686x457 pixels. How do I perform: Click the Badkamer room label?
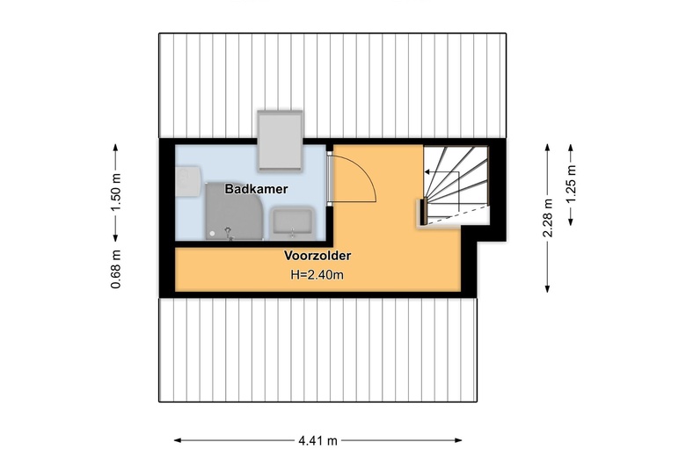(x=256, y=189)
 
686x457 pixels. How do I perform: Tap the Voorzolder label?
(x=317, y=256)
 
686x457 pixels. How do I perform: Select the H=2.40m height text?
(x=317, y=274)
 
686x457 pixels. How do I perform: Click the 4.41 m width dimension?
(x=318, y=440)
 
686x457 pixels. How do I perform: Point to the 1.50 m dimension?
(x=115, y=192)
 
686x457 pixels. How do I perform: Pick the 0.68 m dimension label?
(x=115, y=269)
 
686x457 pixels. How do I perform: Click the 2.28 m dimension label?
(x=548, y=218)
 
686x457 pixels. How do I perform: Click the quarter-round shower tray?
(x=234, y=211)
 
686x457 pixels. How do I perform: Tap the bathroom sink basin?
(x=292, y=222)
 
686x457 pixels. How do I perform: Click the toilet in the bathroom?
(x=188, y=181)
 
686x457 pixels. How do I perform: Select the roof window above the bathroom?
(x=280, y=140)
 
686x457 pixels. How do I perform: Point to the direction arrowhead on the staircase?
(x=427, y=172)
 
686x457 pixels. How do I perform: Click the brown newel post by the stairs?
(x=424, y=211)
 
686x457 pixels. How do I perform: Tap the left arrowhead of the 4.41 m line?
(x=178, y=440)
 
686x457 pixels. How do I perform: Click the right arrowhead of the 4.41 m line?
(x=458, y=440)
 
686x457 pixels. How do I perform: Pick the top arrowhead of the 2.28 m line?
(x=547, y=148)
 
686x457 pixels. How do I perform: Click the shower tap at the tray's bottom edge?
(x=229, y=234)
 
